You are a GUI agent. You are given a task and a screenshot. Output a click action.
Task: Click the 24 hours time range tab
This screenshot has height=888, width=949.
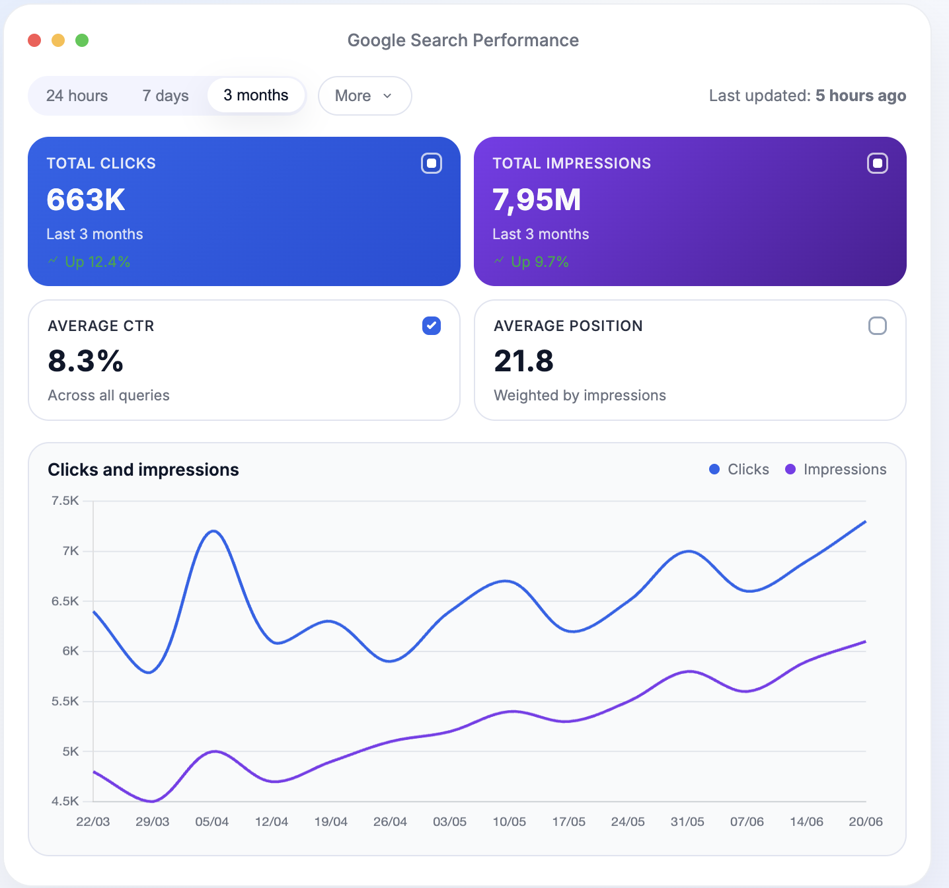[x=77, y=96]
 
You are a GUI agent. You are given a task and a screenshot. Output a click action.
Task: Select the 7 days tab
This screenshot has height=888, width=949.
[x=165, y=96]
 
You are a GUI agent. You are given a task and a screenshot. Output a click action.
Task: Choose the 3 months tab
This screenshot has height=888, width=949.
[x=256, y=95]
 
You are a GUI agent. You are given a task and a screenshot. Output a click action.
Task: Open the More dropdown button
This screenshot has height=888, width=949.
[x=364, y=96]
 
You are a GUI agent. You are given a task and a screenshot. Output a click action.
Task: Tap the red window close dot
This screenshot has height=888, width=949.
[x=34, y=40]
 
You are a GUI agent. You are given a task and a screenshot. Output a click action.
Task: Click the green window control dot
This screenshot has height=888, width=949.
[x=82, y=40]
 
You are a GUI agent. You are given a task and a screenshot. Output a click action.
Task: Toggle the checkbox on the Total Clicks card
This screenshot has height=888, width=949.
[x=432, y=163]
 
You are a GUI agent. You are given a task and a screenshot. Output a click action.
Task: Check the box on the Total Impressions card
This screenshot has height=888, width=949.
[x=877, y=163]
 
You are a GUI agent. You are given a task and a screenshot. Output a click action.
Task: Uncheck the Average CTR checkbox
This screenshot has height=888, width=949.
[x=432, y=326]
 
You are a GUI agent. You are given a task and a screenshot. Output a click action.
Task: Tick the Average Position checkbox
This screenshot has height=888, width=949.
[x=877, y=326]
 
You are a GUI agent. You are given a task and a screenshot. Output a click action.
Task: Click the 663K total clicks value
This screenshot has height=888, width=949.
[x=86, y=200]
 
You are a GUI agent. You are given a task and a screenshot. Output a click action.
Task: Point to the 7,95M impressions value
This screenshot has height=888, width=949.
[x=537, y=200]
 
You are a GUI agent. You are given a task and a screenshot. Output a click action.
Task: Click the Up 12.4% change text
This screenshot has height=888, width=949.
[x=97, y=262]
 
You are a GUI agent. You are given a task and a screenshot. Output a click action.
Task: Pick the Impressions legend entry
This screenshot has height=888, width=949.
[x=836, y=469]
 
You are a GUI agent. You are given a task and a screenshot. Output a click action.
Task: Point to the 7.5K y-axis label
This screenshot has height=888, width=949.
[x=65, y=501]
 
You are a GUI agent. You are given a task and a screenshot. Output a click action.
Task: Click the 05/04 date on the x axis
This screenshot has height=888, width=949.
[x=211, y=821]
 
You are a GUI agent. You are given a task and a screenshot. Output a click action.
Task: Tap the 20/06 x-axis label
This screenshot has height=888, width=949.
[x=865, y=821]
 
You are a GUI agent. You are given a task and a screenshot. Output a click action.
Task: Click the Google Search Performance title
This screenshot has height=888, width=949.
[x=463, y=40]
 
